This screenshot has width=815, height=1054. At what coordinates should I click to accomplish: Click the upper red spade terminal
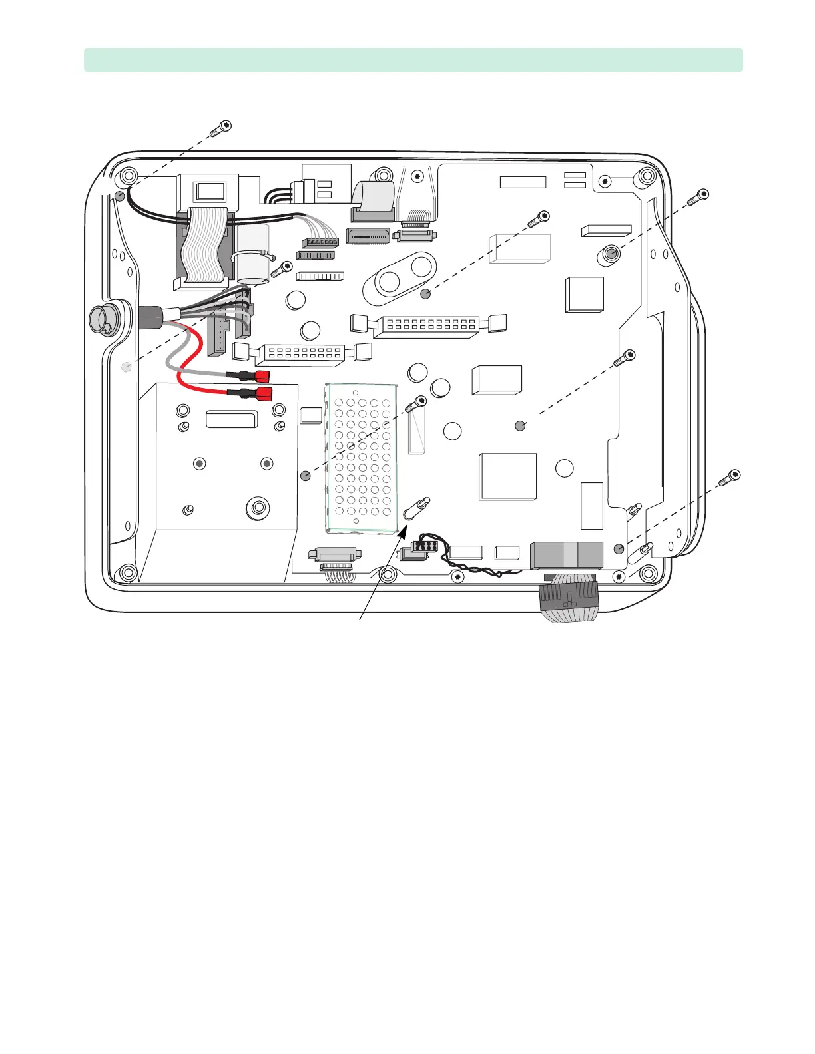click(261, 376)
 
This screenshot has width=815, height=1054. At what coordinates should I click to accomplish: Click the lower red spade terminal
click(263, 393)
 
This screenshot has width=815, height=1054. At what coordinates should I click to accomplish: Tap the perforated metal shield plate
click(362, 459)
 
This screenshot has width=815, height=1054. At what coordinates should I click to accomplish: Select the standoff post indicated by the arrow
click(416, 509)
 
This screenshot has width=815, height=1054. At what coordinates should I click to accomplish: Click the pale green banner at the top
click(413, 60)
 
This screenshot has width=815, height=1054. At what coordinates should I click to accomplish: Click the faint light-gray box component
click(520, 248)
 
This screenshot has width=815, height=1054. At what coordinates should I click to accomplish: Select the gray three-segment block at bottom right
click(566, 555)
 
